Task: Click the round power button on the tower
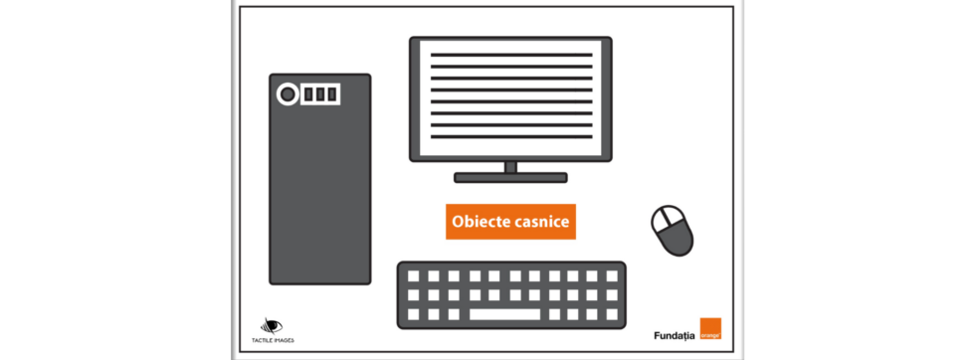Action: pyautogui.click(x=288, y=94)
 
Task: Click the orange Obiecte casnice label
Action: pyautogui.click(x=510, y=222)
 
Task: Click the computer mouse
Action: pyautogui.click(x=673, y=231)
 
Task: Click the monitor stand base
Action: pyautogui.click(x=510, y=178)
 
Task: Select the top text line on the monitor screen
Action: pyautogui.click(x=510, y=52)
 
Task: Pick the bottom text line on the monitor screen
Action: pyautogui.click(x=510, y=138)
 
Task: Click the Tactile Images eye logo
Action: pyautogui.click(x=272, y=325)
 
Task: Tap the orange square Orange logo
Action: pyautogui.click(x=709, y=330)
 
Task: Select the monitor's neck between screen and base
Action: pyautogui.click(x=510, y=167)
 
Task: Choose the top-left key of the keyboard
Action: pyautogui.click(x=413, y=276)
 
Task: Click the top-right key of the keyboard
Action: pyautogui.click(x=611, y=276)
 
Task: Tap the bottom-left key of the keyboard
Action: pyautogui.click(x=413, y=314)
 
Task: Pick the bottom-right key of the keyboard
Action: pyautogui.click(x=611, y=314)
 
